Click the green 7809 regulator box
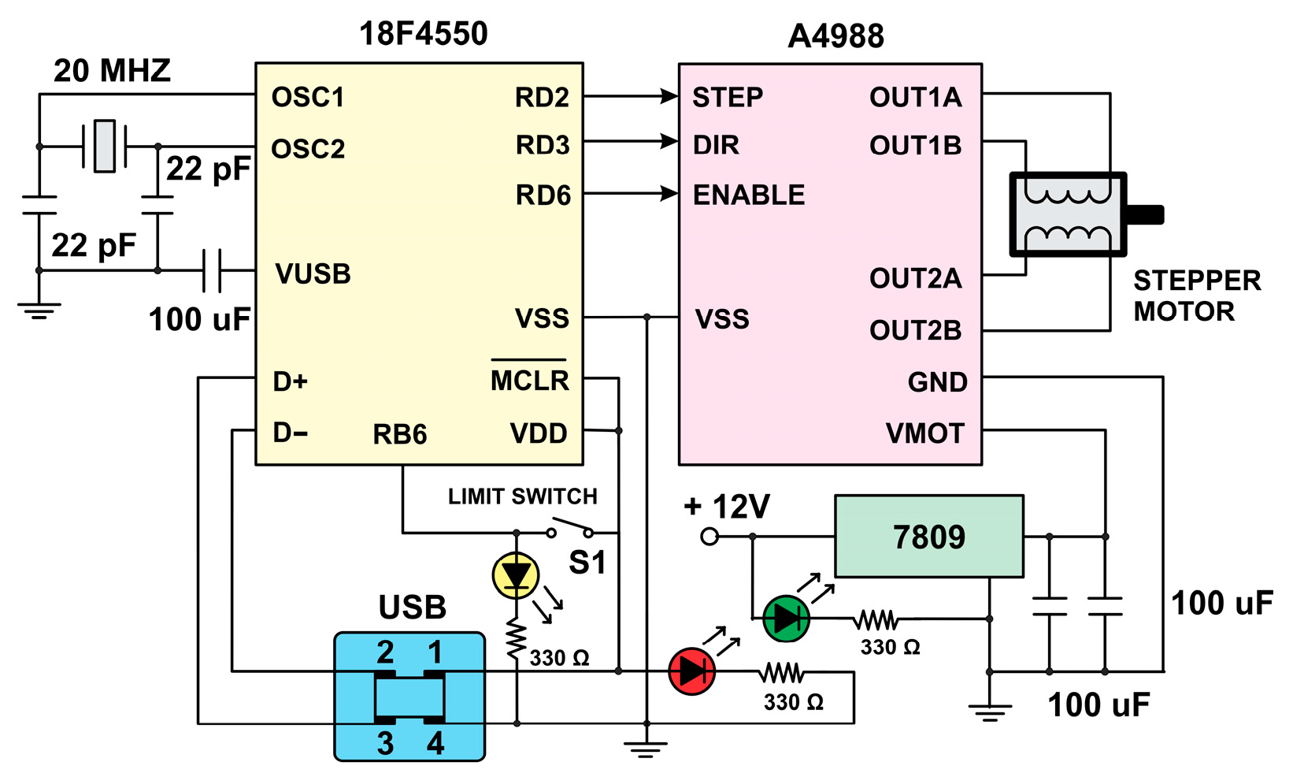(x=928, y=537)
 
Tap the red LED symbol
(x=691, y=671)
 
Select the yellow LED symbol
(x=516, y=575)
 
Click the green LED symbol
(x=786, y=619)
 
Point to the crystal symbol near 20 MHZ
(x=104, y=146)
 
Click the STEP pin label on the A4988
(x=727, y=98)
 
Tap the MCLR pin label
(x=529, y=381)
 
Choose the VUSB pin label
(x=313, y=274)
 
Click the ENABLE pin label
(x=748, y=195)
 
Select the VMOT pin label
(x=924, y=433)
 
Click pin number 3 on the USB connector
(x=385, y=743)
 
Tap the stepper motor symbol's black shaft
(x=1146, y=214)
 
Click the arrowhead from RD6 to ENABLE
(x=669, y=193)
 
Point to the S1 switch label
(x=587, y=563)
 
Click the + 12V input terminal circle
(x=709, y=537)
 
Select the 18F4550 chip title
(x=423, y=34)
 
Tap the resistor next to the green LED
(x=876, y=620)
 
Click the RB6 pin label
(x=399, y=434)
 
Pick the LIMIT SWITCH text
(x=522, y=496)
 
